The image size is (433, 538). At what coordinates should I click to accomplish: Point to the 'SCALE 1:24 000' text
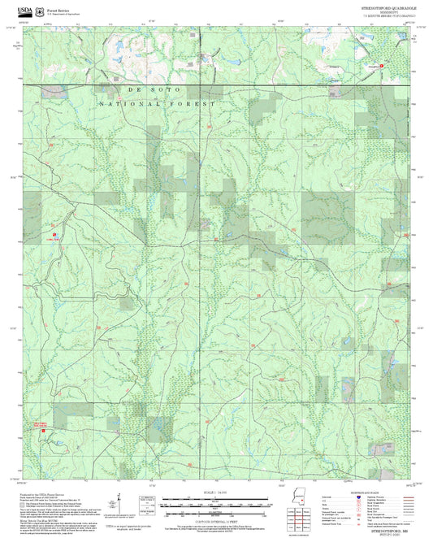tap(214, 492)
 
